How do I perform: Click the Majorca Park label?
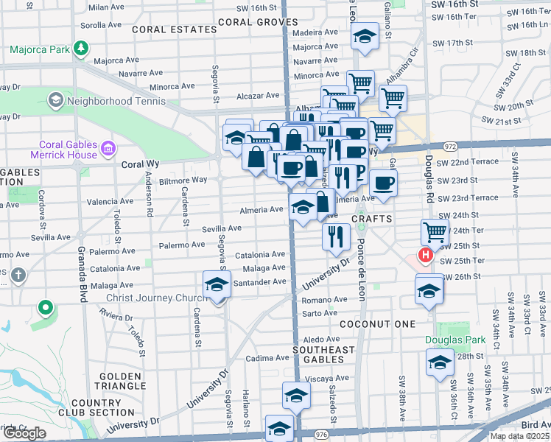click(39, 51)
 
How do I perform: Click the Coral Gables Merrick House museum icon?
click(108, 150)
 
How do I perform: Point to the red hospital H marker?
click(425, 256)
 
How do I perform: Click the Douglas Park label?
click(455, 340)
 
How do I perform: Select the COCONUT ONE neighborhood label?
click(378, 324)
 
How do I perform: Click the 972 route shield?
click(451, 147)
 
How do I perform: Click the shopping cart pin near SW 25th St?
click(435, 231)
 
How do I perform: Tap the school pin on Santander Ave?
click(216, 284)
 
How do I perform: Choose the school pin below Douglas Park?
click(440, 362)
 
